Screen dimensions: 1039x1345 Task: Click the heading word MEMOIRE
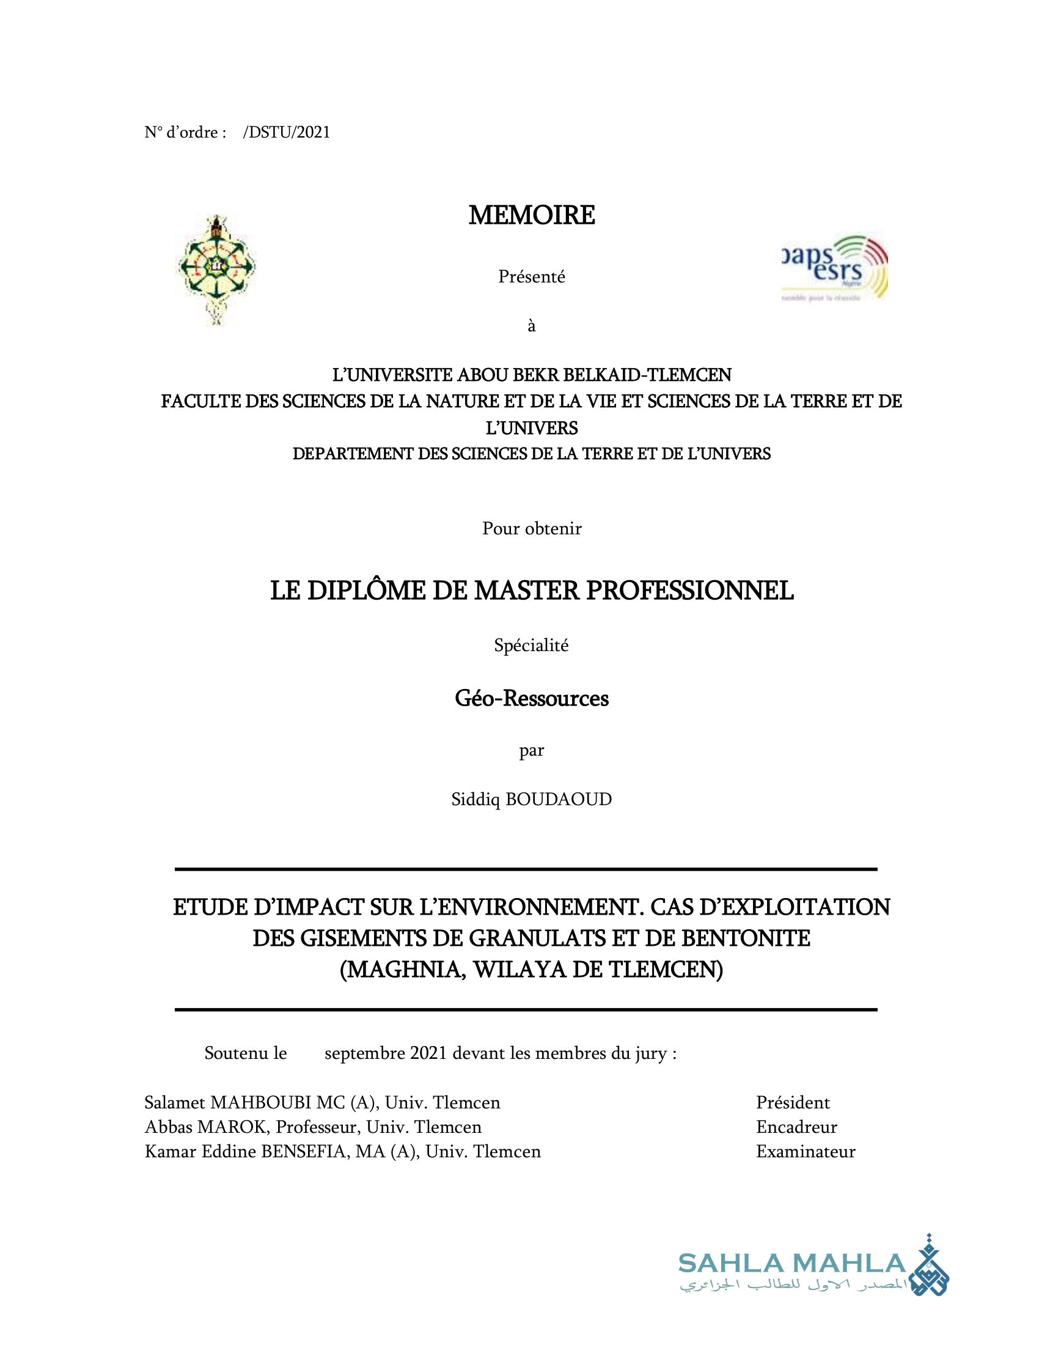pos(531,216)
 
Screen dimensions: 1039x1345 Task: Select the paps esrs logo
pos(834,268)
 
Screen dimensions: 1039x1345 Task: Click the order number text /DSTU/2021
pos(286,133)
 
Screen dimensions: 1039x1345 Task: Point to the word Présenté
pos(531,277)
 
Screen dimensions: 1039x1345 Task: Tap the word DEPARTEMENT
pos(352,454)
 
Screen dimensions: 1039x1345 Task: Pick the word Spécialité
pos(531,646)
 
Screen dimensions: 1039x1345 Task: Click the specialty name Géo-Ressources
pos(531,699)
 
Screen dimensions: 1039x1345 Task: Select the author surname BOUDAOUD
pos(558,800)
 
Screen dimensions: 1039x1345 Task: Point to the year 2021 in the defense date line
pos(428,1054)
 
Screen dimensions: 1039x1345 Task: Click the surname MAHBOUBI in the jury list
pos(261,1102)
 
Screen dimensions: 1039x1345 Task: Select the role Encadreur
pos(796,1127)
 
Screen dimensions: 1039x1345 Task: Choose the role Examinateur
pos(805,1152)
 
